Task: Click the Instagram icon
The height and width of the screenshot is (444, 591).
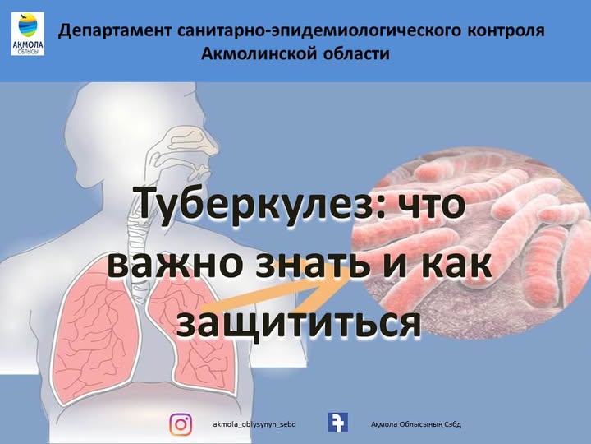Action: pyautogui.click(x=181, y=424)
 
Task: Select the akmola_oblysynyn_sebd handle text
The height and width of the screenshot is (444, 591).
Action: pyautogui.click(x=254, y=424)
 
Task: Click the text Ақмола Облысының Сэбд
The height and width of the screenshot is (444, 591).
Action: pyautogui.click(x=416, y=424)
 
